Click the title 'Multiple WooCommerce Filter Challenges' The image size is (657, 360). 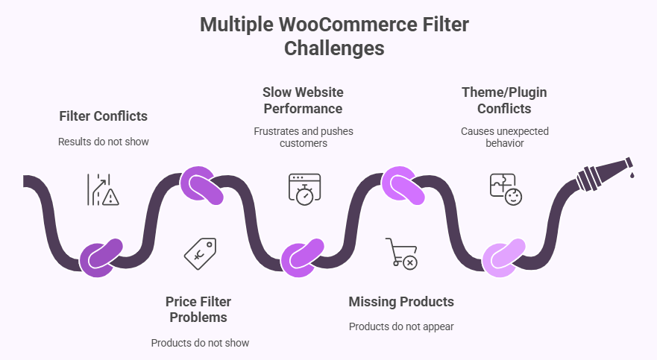[334, 37]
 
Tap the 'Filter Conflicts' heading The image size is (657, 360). [104, 116]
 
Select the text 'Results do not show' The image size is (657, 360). [104, 142]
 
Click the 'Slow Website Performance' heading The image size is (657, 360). [302, 101]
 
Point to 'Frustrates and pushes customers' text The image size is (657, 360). [302, 137]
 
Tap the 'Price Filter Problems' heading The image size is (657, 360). [198, 309]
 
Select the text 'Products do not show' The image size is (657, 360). [199, 343]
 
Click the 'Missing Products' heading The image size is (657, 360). [401, 302]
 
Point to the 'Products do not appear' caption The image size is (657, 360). [401, 326]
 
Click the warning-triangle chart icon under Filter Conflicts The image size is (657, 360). [103, 189]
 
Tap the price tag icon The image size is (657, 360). [201, 253]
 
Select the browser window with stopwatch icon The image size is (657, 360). [304, 189]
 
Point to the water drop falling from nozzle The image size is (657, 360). [631, 175]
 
